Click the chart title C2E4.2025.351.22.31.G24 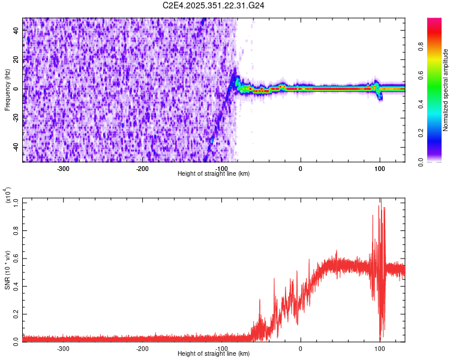(x=214, y=5)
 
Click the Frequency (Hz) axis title (x=7, y=90)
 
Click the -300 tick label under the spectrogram (x=64, y=168)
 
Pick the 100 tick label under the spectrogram (x=379, y=168)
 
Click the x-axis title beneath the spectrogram (x=214, y=173)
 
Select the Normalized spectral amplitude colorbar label (x=446, y=90)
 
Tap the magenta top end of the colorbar (x=434, y=21)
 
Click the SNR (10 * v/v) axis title (x=7, y=269)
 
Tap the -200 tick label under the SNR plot (x=142, y=348)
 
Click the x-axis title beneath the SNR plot (x=214, y=353)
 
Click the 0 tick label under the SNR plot (x=301, y=348)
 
